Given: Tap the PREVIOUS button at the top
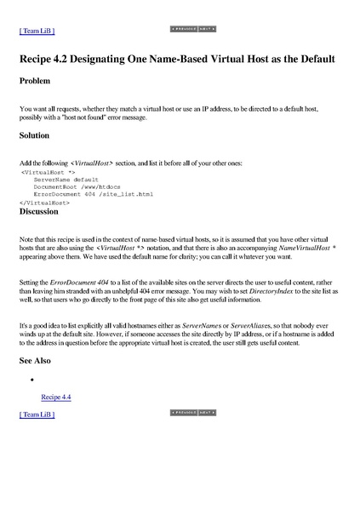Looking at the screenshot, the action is tap(184, 29).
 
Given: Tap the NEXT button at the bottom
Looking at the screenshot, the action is tap(206, 411).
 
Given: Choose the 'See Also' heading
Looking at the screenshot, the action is tap(36, 360).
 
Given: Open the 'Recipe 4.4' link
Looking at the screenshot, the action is tap(56, 397).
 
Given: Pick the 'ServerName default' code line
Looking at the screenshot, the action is tap(66, 180).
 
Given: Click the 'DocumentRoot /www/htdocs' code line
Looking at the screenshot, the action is tap(76, 187).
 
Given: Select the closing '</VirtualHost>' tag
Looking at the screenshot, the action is tap(40, 203).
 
